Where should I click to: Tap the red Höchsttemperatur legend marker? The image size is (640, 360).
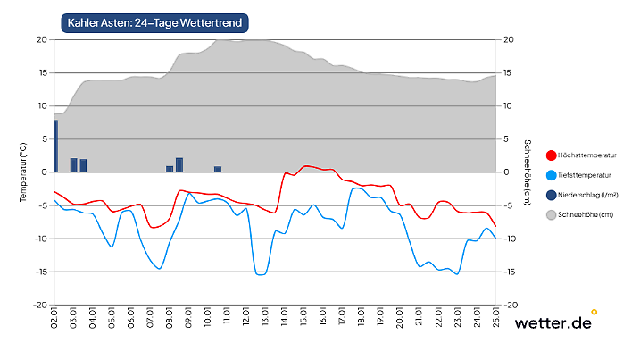551,155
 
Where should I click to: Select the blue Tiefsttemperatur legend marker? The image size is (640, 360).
551,175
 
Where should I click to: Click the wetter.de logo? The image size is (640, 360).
553,322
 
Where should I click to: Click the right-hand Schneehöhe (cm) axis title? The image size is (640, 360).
527,172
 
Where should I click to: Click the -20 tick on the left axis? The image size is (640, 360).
40,305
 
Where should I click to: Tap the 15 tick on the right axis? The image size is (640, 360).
508,72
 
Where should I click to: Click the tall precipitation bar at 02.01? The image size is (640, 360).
56,146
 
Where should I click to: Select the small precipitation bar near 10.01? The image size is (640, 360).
218,169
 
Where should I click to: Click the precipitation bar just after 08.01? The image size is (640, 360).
179,165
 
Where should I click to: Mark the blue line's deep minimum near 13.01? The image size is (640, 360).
261,274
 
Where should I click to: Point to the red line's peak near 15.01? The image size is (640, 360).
306,166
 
